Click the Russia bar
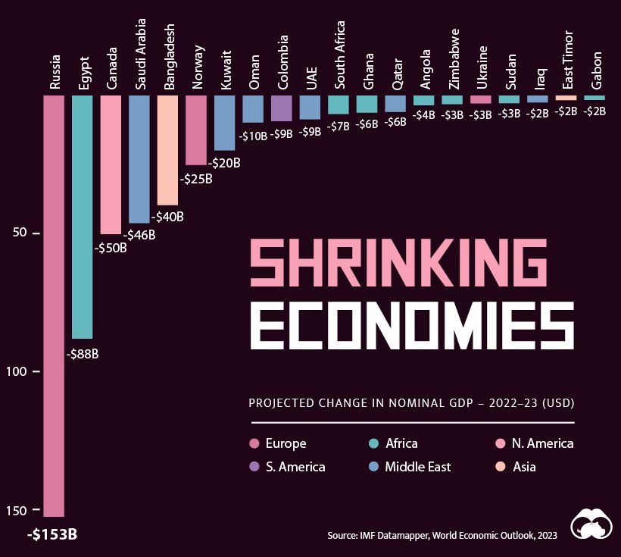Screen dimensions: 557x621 (x=54, y=303)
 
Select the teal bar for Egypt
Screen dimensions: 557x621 (x=83, y=216)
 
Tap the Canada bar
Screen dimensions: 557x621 (x=111, y=164)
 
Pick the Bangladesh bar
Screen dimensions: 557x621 (x=167, y=150)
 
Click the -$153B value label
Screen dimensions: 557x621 (x=52, y=534)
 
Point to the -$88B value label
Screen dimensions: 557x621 (x=83, y=353)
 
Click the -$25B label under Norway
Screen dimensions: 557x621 (x=195, y=180)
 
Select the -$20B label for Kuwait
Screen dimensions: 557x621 (x=224, y=162)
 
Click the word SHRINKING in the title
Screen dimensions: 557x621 (x=398, y=262)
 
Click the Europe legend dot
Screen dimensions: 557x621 (x=254, y=443)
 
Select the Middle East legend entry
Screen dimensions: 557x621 (x=417, y=467)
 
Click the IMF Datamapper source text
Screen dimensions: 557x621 (x=442, y=536)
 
